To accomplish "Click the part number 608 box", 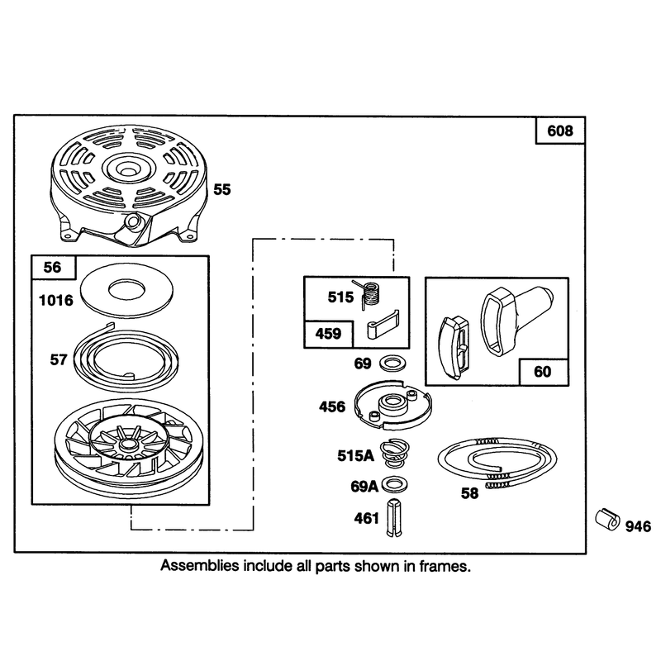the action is (560, 131).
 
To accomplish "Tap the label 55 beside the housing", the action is (222, 190).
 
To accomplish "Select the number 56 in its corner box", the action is (52, 267).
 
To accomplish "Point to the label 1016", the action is (55, 301).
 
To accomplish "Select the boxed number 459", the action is (328, 334).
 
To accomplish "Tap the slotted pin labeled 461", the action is (394, 518).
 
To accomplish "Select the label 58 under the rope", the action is (469, 493).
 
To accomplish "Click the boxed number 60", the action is (543, 372).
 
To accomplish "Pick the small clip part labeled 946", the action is (607, 520).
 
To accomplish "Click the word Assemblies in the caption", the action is (199, 566).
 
